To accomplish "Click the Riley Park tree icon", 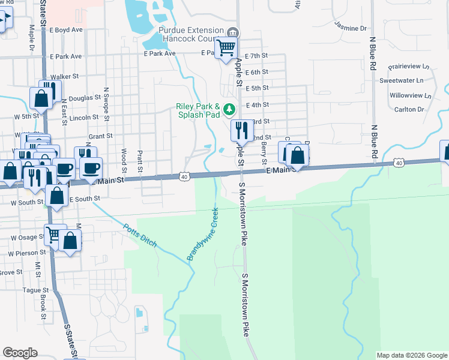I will coord(229,109).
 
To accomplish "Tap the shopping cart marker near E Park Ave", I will coord(226,47).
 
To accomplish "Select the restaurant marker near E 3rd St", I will coord(241,129).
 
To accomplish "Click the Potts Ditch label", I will coord(140,236).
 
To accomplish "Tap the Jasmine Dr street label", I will coord(351,28).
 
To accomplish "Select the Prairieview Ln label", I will coord(409,66).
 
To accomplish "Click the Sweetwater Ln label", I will coord(401,80).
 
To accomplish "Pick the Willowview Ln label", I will coord(410,95).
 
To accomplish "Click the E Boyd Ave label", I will coord(66,29).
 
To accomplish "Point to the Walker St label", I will coord(65,77).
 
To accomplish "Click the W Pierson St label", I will coord(24,254).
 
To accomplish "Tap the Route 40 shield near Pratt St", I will coord(185,176).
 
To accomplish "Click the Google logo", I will coord(20,353).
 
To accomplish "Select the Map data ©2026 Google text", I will coord(411,355).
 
